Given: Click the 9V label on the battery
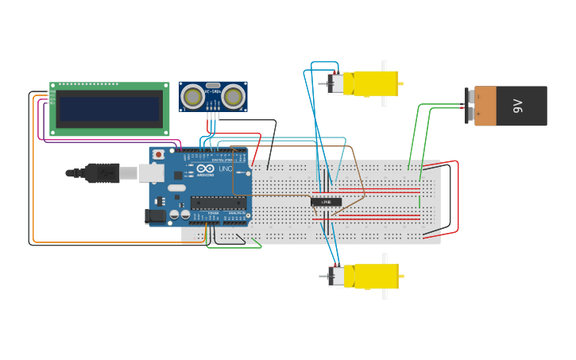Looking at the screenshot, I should pyautogui.click(x=518, y=106).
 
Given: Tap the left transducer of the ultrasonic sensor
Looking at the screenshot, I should pyautogui.click(x=191, y=96).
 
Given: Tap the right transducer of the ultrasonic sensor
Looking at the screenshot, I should pyautogui.click(x=233, y=96).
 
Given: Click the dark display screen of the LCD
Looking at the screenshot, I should pyautogui.click(x=109, y=108).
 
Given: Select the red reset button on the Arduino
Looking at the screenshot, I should pyautogui.click(x=158, y=154).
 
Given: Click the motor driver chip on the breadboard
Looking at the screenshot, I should pyautogui.click(x=326, y=202).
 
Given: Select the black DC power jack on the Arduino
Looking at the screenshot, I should pyautogui.click(x=156, y=215).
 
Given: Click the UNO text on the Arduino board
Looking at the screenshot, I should pyautogui.click(x=225, y=169).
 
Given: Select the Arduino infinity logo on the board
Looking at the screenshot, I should pyautogui.click(x=205, y=169).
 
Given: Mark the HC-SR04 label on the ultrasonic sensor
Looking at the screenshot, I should pyautogui.click(x=212, y=91).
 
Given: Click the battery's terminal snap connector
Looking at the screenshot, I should pyautogui.click(x=469, y=106).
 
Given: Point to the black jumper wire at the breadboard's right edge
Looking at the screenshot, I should pyautogui.click(x=449, y=199).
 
